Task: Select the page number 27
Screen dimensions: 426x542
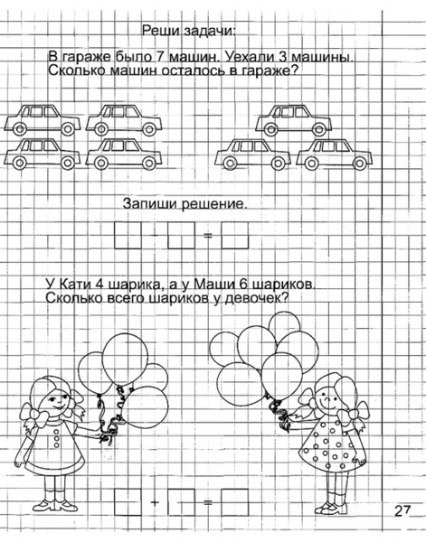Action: tap(402, 510)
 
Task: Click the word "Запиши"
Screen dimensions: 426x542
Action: tap(151, 203)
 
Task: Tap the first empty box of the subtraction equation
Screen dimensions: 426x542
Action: tap(128, 236)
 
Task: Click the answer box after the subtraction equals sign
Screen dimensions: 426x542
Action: tap(234, 236)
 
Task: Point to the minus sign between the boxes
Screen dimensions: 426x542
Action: tap(155, 236)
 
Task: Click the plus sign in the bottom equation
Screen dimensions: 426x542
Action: tap(155, 502)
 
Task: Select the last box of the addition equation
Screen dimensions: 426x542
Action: tap(234, 502)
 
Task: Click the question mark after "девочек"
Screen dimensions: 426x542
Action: tap(285, 297)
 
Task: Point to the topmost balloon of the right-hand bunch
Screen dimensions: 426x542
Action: tap(285, 324)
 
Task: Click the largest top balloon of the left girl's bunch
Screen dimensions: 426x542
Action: tap(126, 359)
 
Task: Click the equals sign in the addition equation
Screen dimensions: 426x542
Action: tap(208, 502)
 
